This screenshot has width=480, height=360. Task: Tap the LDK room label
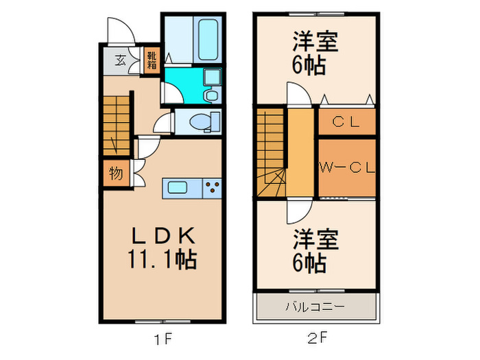[165, 236]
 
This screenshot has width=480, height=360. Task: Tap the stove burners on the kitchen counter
[211, 187]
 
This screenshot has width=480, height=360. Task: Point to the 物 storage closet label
[116, 173]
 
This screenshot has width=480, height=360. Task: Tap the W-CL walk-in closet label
[346, 167]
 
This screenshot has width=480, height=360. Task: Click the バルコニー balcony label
[315, 306]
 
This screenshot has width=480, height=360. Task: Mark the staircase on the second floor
[271, 151]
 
